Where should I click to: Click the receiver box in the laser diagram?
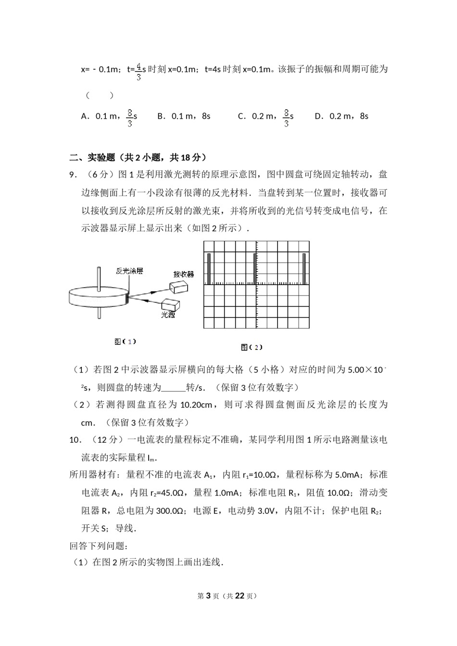point(179,286)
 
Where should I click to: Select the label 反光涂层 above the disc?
point(129,271)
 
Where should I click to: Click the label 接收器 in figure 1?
point(184,274)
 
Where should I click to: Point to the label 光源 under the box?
point(168,315)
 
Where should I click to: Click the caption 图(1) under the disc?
point(125,342)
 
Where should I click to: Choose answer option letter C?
point(241,116)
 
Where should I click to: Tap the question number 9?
point(73,175)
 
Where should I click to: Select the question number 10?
point(75,440)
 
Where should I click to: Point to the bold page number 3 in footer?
point(208,596)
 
